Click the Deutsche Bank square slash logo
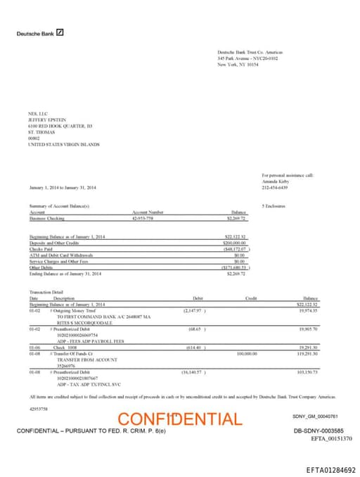click(60, 32)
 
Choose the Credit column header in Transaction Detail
click(251, 298)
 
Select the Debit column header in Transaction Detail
click(198, 298)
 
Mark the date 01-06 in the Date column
click(34, 348)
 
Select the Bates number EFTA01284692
click(330, 470)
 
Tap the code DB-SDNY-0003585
click(318, 430)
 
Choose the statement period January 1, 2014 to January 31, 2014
click(63, 188)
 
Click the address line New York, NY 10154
click(238, 64)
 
